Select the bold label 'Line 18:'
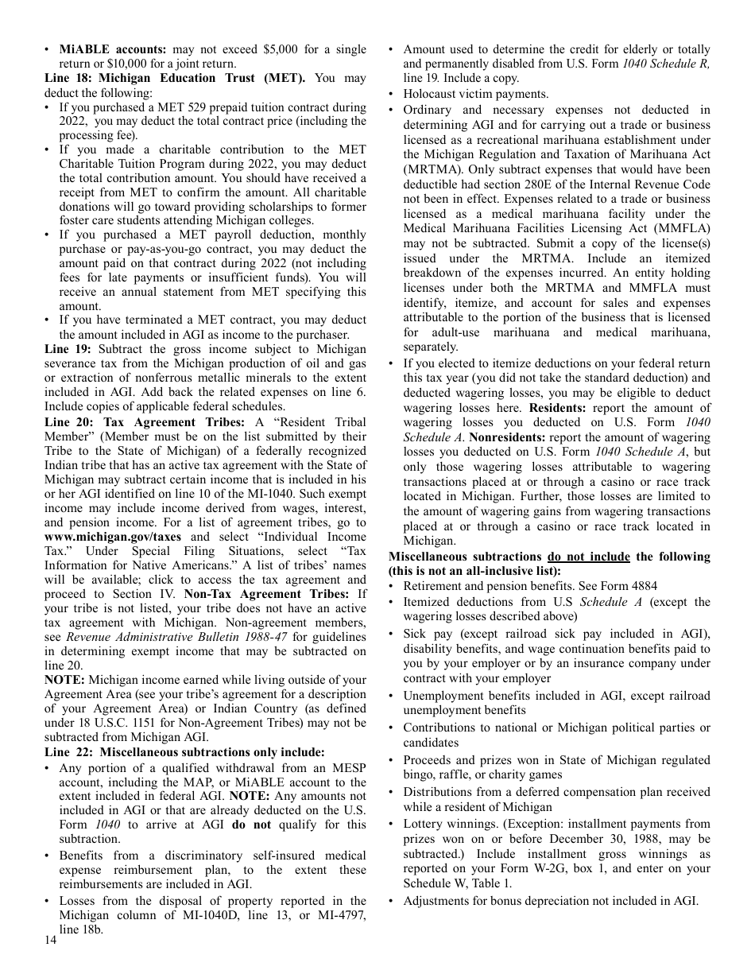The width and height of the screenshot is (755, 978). (68, 78)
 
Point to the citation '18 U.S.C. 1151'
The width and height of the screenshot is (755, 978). (113, 722)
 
